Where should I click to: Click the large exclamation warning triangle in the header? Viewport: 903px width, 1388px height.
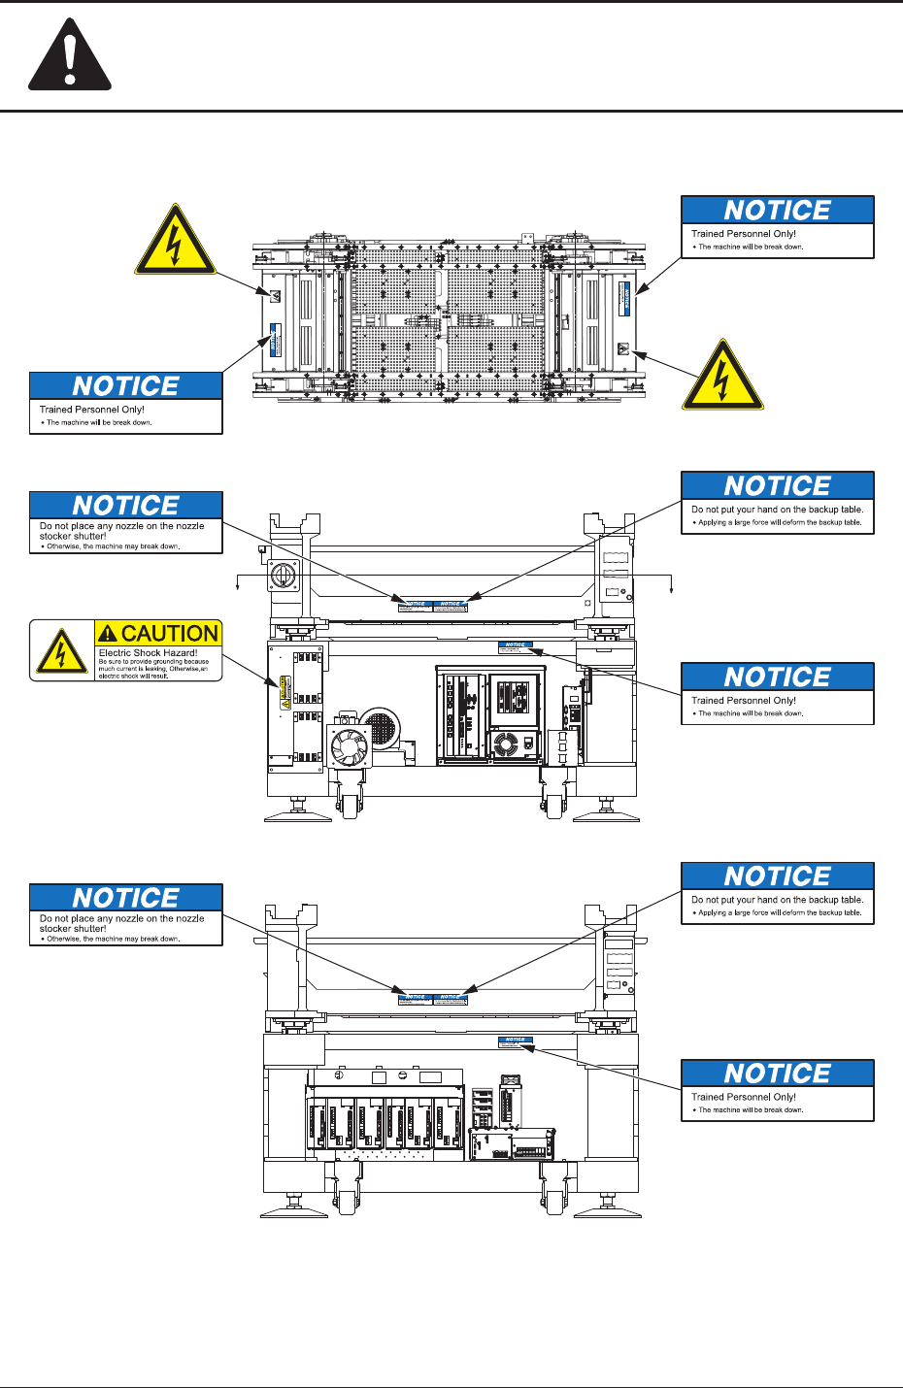click(x=69, y=57)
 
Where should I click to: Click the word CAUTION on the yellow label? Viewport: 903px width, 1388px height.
click(x=169, y=634)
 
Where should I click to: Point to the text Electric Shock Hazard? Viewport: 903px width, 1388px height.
click(x=148, y=653)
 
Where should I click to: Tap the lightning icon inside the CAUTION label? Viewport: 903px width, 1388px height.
click(x=61, y=651)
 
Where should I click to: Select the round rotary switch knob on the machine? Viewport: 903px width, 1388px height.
click(x=284, y=575)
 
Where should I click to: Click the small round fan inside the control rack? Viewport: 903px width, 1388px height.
click(x=506, y=745)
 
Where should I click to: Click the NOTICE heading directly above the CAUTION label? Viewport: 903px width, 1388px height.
click(x=126, y=506)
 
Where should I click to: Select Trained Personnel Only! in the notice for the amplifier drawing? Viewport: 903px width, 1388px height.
click(x=743, y=1097)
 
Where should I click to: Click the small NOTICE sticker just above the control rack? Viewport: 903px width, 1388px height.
click(x=516, y=644)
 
